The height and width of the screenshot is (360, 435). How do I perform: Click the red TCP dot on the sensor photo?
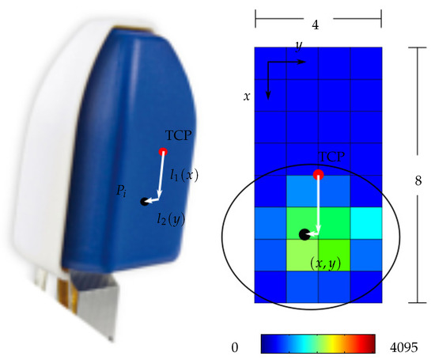coord(163,152)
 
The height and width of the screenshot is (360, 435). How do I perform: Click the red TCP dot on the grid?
coord(318,174)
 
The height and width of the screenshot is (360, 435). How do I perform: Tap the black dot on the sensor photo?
coord(145,202)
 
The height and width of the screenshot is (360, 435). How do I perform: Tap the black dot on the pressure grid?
coord(304,234)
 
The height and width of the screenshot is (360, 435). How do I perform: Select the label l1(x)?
coord(184,175)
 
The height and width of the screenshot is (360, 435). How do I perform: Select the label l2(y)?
coord(171,218)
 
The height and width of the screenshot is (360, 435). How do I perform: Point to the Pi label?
coord(121,191)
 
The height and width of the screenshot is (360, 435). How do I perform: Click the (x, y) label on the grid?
coord(325,263)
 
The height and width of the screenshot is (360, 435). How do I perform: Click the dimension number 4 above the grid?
coord(316,25)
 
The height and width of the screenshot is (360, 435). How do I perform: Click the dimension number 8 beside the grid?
coord(418,180)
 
